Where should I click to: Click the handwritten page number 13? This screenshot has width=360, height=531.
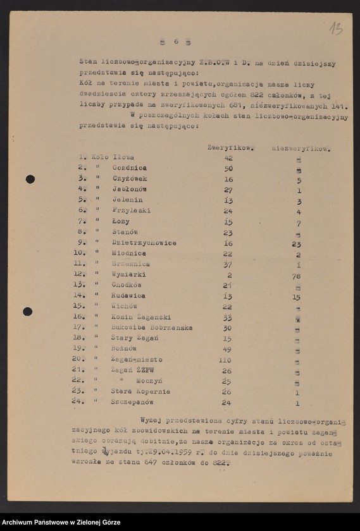click(335, 28)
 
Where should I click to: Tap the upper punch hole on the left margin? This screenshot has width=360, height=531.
click(30, 179)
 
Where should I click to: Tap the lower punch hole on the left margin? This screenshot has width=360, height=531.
click(28, 311)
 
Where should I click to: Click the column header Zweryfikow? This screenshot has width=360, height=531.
click(230, 147)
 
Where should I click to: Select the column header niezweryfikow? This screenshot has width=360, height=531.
click(301, 149)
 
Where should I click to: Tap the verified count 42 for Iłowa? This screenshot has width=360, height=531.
click(228, 157)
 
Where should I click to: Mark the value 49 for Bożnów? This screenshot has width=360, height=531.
click(227, 349)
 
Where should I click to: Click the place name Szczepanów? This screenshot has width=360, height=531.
click(132, 402)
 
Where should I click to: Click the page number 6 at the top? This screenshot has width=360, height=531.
click(177, 42)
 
